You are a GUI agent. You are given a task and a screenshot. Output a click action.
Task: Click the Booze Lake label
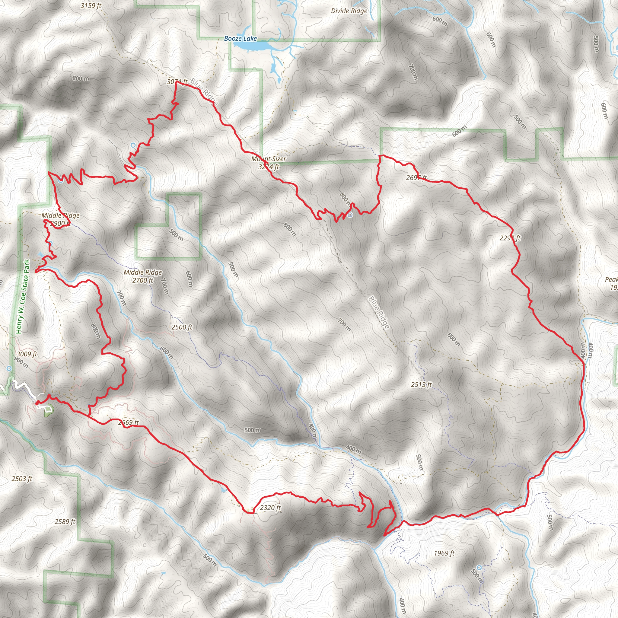point(240,38)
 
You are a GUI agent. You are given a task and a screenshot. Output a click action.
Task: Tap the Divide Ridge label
point(349,11)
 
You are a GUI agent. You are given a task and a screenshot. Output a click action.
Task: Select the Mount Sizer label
point(269,159)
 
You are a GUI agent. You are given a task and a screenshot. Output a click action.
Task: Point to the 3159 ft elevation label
point(91,6)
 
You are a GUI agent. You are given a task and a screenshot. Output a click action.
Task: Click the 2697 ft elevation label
point(416,177)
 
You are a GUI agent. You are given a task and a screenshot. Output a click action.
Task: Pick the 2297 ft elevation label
point(510,238)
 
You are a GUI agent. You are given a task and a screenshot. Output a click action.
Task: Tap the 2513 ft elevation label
point(421,384)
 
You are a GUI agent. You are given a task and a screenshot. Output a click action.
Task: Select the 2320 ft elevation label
point(270,508)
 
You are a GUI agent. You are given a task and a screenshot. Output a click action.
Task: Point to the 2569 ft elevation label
point(128,422)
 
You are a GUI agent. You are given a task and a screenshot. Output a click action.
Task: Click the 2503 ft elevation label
point(22,479)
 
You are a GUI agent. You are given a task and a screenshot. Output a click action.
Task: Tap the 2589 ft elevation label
point(65,522)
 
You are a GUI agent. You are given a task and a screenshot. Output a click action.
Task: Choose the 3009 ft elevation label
point(27,354)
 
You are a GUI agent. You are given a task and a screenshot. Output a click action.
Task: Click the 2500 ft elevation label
point(182,327)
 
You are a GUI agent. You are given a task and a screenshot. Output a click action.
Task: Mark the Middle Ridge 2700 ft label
point(143,276)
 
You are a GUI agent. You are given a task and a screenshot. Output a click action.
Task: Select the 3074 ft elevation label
point(177,82)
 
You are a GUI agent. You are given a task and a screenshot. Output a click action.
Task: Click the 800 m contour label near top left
point(81,78)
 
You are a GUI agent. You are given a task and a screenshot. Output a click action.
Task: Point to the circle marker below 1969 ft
point(479,568)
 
